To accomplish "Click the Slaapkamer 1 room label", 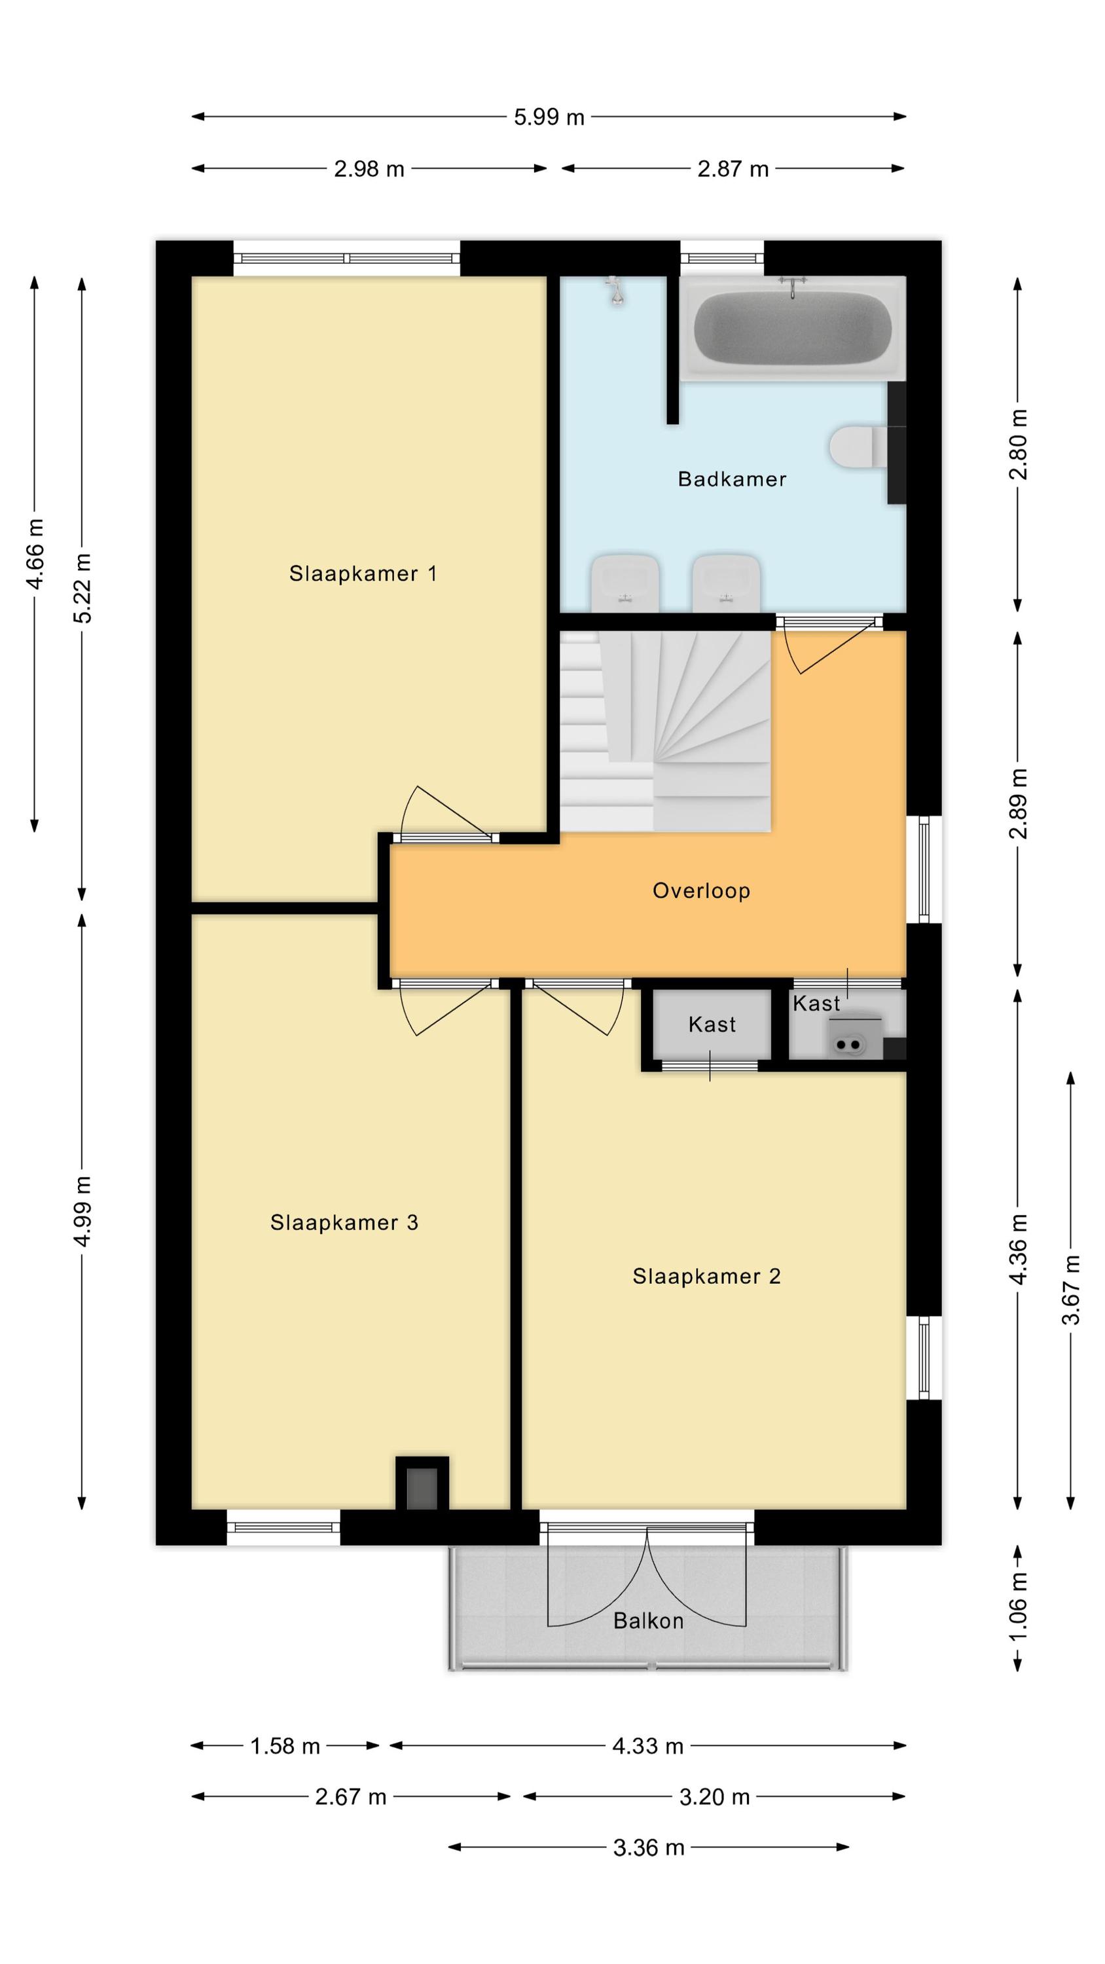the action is click(363, 573).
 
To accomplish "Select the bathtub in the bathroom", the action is click(792, 329).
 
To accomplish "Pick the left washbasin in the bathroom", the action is click(625, 583).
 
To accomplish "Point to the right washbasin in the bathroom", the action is click(726, 583).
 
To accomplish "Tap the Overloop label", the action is click(702, 890).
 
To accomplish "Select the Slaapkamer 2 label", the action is click(707, 1277).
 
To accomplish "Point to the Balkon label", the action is click(648, 1621).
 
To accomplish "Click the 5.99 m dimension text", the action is click(549, 117).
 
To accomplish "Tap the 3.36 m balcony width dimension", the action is click(649, 1847).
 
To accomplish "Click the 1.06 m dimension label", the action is click(1018, 1607).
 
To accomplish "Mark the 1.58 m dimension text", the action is click(285, 1746).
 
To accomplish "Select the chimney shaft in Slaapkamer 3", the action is click(422, 1483).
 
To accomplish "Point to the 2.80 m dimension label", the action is click(1018, 445).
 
